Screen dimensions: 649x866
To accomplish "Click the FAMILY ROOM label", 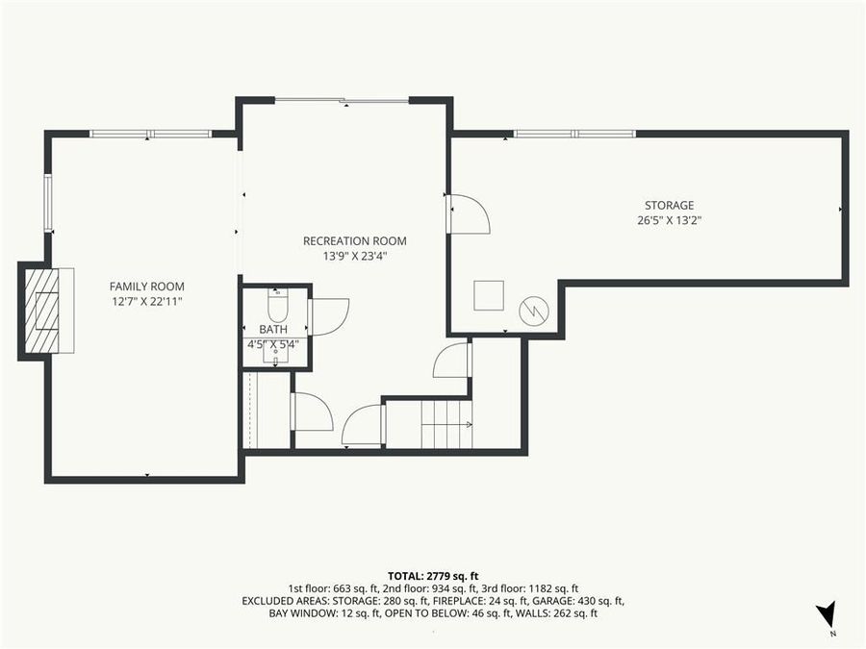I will click(146, 287).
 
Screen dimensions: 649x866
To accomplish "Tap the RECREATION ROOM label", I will click(354, 241).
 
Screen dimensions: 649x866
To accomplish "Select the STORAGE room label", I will click(669, 206).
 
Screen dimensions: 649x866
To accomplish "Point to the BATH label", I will click(273, 329).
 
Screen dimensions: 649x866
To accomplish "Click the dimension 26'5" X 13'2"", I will click(669, 220).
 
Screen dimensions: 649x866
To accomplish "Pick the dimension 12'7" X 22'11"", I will click(146, 301).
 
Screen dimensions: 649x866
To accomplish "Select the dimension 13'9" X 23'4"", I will click(354, 256).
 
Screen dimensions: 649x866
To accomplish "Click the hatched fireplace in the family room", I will click(44, 311).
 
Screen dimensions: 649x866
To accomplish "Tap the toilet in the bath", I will click(276, 306).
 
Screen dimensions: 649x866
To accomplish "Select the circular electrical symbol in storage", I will click(533, 311).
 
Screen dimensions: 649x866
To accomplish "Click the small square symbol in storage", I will click(490, 293).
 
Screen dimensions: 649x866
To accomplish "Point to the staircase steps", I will click(446, 425).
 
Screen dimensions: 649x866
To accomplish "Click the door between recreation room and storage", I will click(468, 214).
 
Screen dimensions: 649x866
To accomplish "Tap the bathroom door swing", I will click(329, 316).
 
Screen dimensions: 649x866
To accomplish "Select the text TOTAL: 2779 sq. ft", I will click(432, 574).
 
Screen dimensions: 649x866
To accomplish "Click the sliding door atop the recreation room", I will click(342, 100).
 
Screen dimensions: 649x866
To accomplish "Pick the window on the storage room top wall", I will click(574, 134).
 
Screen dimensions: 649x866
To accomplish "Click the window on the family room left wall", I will click(47, 203).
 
